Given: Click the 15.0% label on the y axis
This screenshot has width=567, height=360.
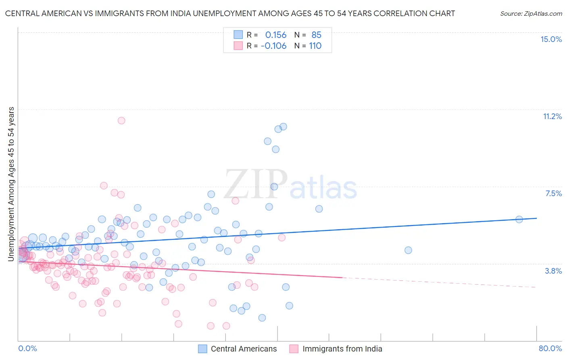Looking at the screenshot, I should click(551, 39).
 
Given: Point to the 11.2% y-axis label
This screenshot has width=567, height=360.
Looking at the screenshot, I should click(552, 116).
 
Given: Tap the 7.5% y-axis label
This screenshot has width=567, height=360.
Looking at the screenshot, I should click(553, 193).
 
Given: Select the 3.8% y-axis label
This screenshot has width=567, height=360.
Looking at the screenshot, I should click(553, 271).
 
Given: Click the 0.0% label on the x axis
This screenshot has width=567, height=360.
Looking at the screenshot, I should click(27, 348).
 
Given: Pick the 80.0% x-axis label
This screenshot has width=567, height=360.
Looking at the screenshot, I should click(550, 348).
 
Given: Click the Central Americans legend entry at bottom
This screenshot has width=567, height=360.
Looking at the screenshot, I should click(244, 349).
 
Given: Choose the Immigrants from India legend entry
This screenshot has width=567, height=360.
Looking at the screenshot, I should click(342, 349).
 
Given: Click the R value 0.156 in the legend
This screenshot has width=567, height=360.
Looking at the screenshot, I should click(276, 35).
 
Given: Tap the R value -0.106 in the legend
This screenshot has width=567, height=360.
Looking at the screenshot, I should click(273, 46).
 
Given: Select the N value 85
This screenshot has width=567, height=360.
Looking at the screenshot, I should click(316, 35).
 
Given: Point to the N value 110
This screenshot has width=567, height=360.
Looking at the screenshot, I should click(315, 46).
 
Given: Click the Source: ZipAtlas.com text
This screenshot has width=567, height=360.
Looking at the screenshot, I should click(531, 13).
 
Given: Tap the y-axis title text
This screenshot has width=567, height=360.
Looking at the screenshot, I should click(11, 184).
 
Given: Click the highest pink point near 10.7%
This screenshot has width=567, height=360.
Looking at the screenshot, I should click(121, 120).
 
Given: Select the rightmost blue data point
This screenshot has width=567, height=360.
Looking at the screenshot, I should click(519, 219).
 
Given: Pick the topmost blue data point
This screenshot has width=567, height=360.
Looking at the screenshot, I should click(283, 127).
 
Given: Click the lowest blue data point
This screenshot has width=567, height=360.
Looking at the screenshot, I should click(262, 318).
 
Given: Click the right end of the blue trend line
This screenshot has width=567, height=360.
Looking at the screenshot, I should click(536, 218).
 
